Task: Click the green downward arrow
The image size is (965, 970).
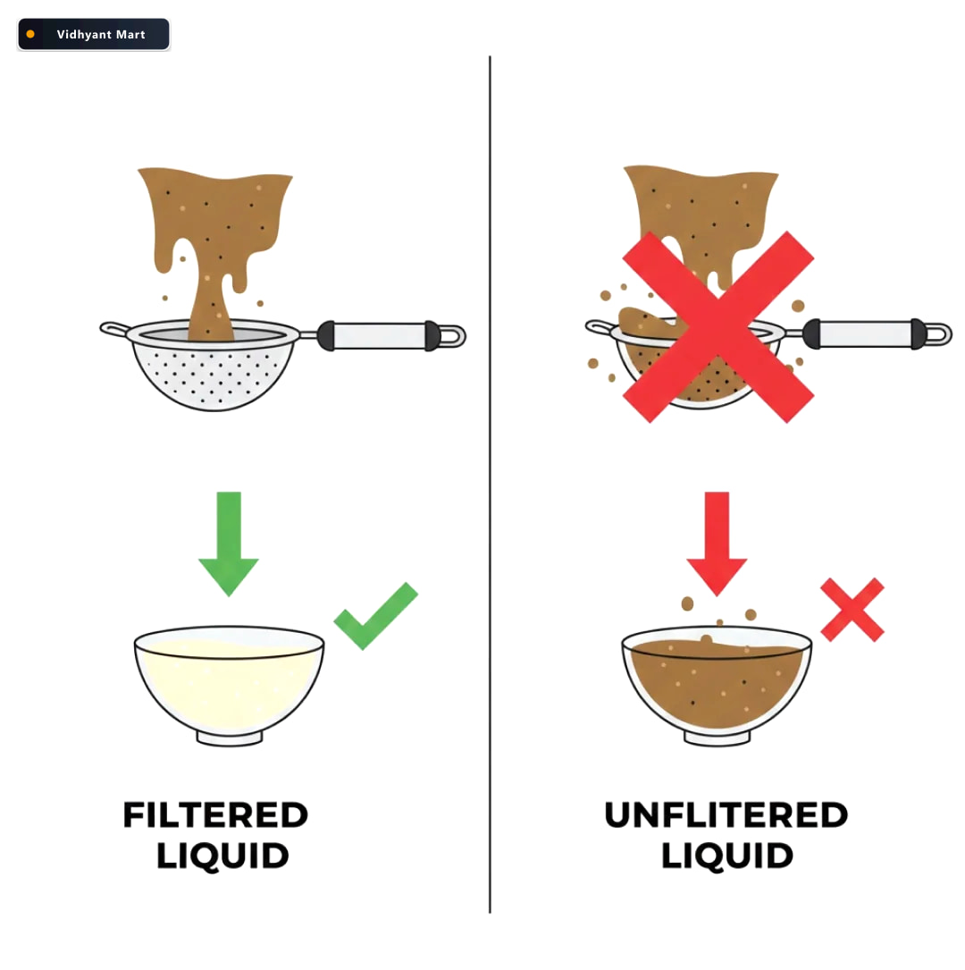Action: pyautogui.click(x=229, y=544)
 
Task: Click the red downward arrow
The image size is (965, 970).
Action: pyautogui.click(x=717, y=544)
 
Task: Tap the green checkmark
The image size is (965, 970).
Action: pyautogui.click(x=375, y=616)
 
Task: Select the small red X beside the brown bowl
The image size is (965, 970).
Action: pyautogui.click(x=852, y=610)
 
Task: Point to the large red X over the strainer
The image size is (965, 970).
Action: pyautogui.click(x=717, y=326)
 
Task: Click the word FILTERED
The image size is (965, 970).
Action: pyautogui.click(x=215, y=814)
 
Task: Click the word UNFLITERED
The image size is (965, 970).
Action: pyautogui.click(x=726, y=814)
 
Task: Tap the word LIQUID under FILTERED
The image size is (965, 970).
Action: pyautogui.click(x=222, y=856)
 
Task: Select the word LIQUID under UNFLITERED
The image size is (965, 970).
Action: pyautogui.click(x=727, y=856)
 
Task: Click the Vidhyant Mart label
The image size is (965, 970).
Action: pyautogui.click(x=101, y=35)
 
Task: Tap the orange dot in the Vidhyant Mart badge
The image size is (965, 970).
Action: pyautogui.click(x=30, y=34)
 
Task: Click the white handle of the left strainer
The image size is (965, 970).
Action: pyautogui.click(x=379, y=336)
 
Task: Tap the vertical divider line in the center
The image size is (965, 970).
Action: pyautogui.click(x=490, y=484)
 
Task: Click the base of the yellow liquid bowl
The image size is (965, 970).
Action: pyautogui.click(x=230, y=738)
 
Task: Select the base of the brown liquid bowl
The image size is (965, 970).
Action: pyautogui.click(x=717, y=738)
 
